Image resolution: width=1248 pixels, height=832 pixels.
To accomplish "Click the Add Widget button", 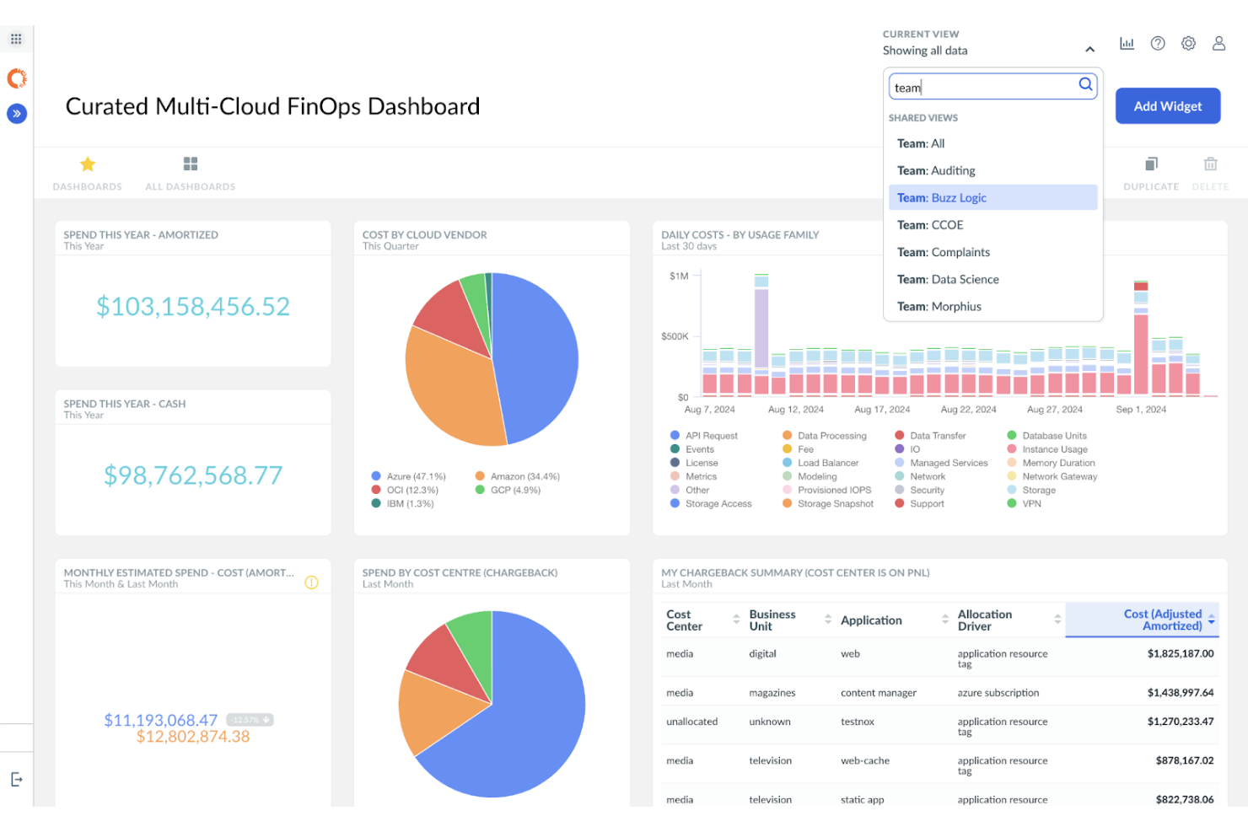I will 1167,106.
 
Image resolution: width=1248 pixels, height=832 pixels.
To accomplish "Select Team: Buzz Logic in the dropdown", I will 992,197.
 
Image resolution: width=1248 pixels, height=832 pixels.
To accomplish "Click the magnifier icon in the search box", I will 1085,84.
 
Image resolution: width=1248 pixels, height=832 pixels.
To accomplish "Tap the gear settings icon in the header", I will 1188,43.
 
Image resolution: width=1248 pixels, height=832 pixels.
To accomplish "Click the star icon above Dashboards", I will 88,164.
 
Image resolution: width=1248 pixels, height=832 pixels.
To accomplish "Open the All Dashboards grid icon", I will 191,164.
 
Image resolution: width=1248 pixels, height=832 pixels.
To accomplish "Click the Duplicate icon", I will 1151,164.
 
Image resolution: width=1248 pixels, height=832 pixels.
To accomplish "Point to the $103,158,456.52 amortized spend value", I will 193,306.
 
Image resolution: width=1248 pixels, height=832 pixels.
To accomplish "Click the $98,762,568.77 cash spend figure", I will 193,475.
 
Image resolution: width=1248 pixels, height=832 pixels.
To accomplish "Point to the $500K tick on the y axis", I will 675,336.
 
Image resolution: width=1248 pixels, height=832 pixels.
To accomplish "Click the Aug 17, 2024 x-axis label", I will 882,410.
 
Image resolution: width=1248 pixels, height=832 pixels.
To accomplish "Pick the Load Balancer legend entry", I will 827,463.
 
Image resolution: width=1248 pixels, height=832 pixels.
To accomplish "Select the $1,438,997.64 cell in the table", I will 1180,693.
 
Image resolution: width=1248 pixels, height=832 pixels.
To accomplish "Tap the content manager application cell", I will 878,693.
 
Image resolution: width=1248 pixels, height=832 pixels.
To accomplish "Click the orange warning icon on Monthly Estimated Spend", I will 311,582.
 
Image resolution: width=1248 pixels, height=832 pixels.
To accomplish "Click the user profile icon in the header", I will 1218,43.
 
